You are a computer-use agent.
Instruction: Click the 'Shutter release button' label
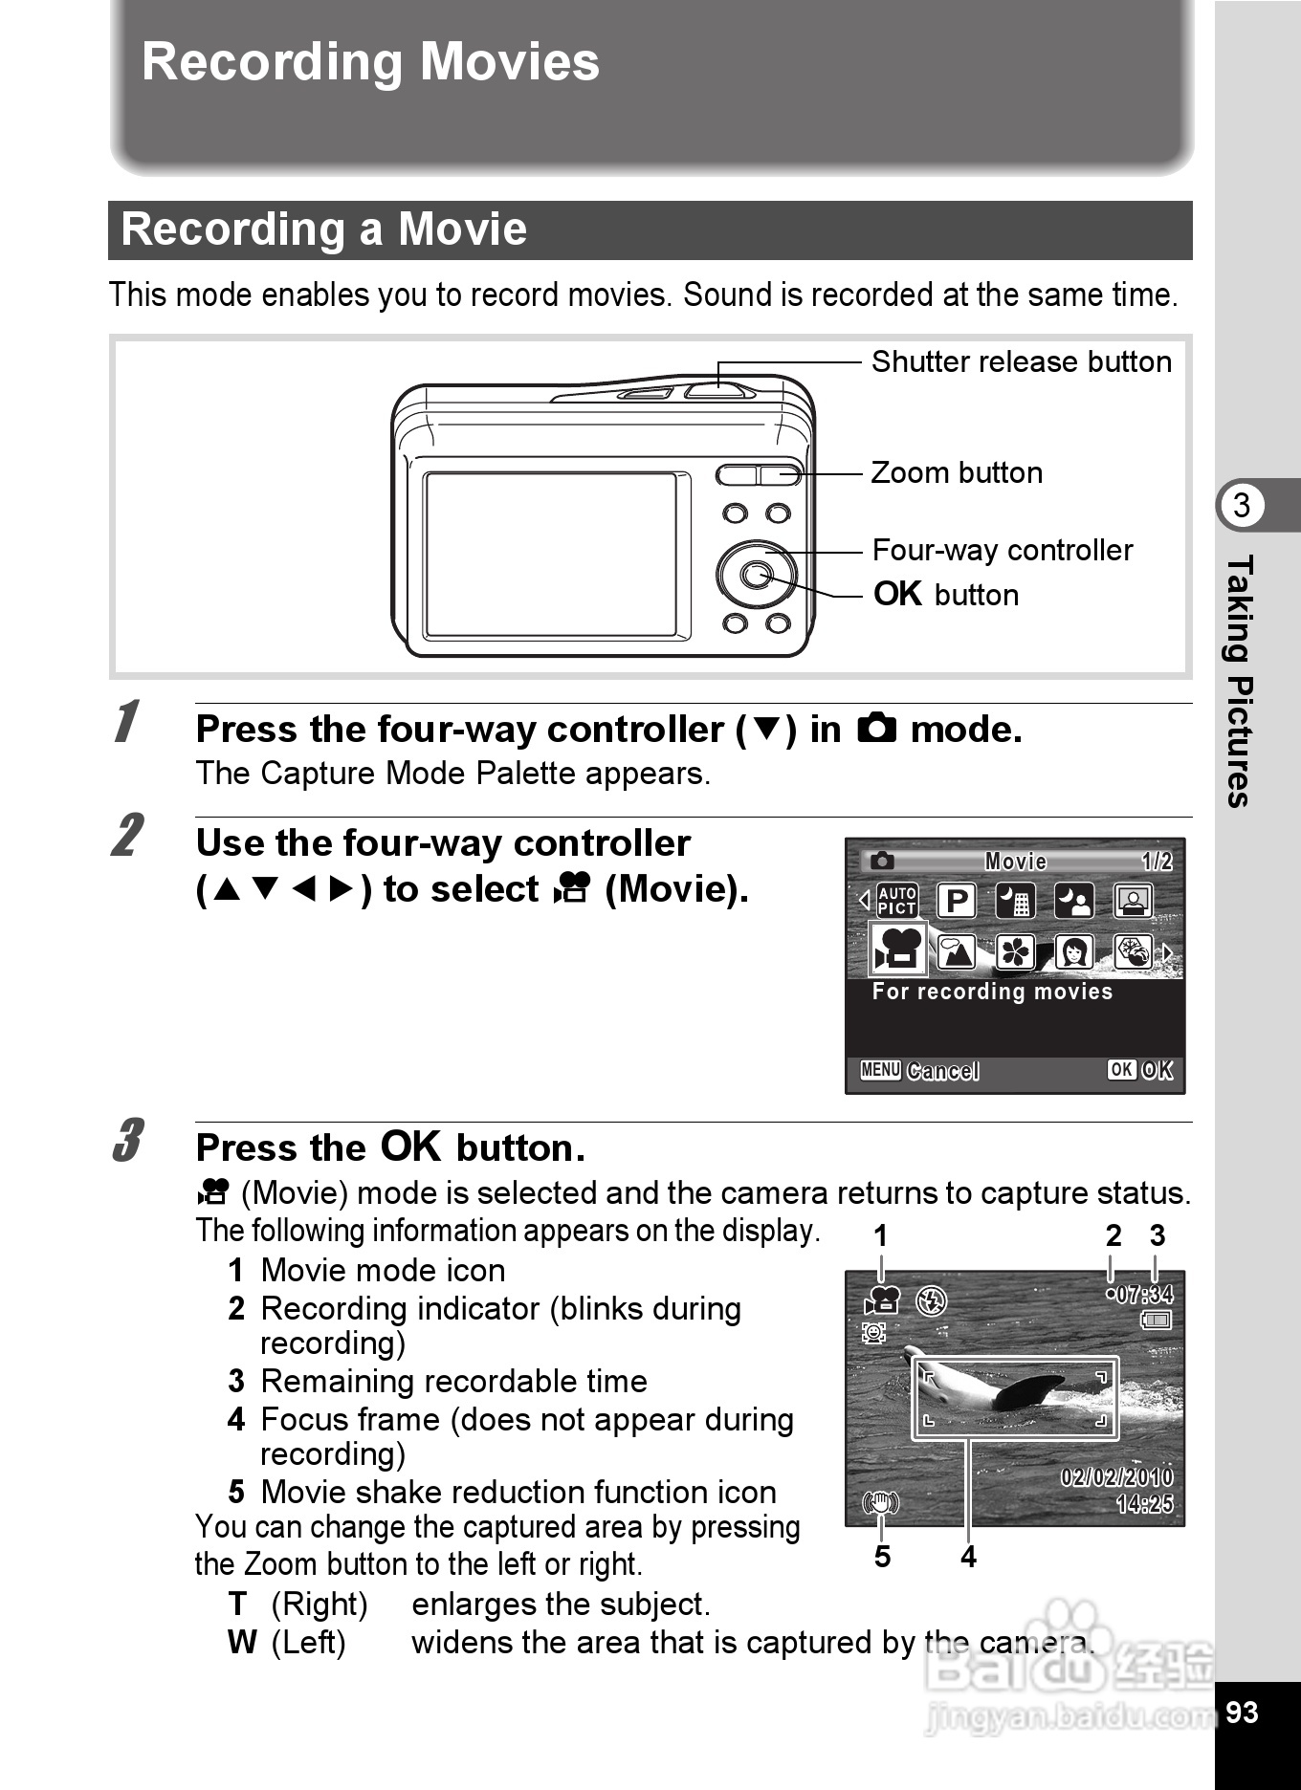pos(1021,362)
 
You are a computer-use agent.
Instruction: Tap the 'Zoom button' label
pos(957,473)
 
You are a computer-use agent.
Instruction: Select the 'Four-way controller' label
pos(1002,551)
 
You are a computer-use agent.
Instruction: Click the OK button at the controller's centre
pos(757,575)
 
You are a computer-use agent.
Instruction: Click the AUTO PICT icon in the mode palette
pos(897,901)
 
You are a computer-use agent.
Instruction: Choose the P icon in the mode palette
pos(956,901)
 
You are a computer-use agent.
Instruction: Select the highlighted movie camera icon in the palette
pos(897,950)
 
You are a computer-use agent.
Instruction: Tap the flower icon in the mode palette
pos(1015,952)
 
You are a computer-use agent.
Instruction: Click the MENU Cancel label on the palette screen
pos(919,1070)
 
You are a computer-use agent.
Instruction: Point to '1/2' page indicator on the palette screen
pos(1157,862)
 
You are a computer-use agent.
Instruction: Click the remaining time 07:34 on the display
pos(1144,1295)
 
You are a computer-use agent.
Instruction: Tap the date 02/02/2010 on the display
pos(1116,1477)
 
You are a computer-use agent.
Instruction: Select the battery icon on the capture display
pos(1156,1321)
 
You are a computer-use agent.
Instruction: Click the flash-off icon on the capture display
pos(931,1300)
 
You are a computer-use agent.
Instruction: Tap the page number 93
pos(1242,1712)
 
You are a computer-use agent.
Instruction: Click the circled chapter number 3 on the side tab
pos(1242,505)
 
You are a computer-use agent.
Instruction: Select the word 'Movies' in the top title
pos(509,62)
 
